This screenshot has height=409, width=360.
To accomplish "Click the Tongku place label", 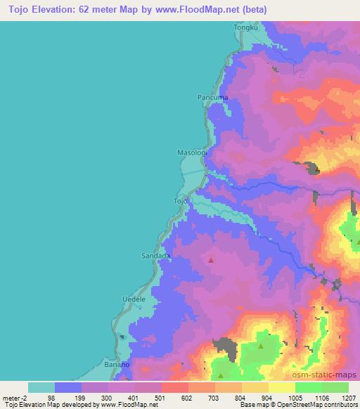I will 245,27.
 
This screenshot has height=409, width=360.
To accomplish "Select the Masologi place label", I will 190,152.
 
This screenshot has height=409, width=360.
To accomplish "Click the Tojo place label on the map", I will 181,201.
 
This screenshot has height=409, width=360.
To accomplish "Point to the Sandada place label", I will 156,256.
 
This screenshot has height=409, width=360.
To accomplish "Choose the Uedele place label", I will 134,299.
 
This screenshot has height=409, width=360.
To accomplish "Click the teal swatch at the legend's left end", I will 41,387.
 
